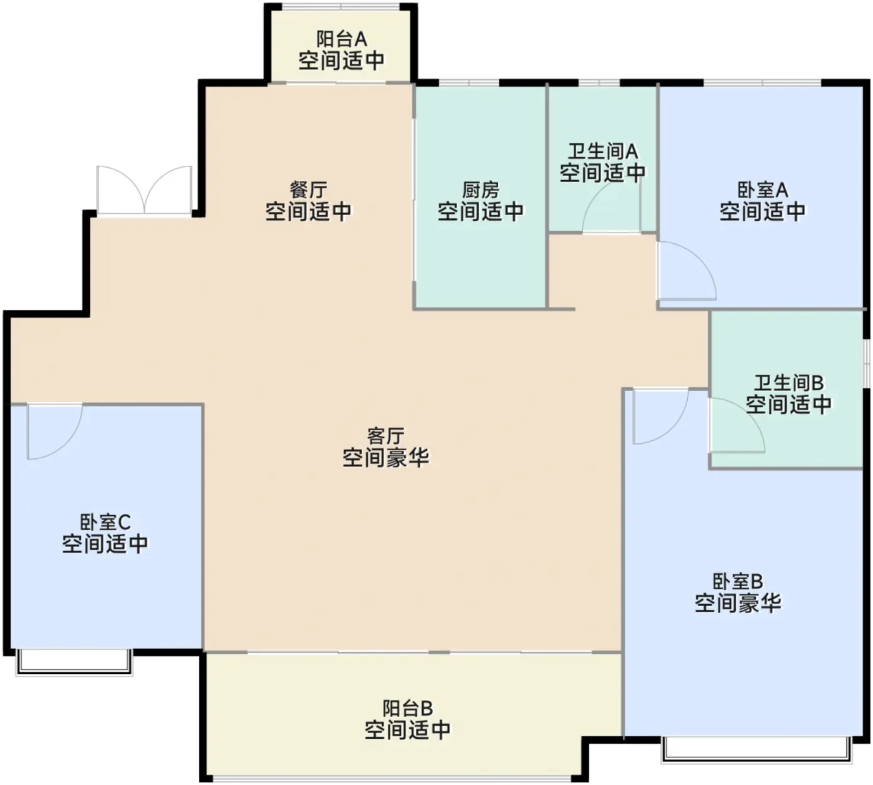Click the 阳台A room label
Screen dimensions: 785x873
coord(341,39)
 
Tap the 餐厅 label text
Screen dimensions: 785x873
coord(308,190)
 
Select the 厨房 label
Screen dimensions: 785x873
coord(480,190)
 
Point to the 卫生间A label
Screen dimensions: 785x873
coord(602,151)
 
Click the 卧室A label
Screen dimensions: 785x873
coord(762,190)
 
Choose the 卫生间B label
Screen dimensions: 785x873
coord(788,382)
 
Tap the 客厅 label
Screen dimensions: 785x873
coord(385,435)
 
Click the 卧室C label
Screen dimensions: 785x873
coord(105,521)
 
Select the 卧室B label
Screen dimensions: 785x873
coord(738,581)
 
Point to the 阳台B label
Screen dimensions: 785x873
coord(407,708)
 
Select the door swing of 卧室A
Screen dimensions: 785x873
coord(686,271)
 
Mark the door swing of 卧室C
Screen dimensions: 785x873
coord(54,431)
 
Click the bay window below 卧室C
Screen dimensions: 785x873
coord(74,662)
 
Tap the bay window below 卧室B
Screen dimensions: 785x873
coord(756,749)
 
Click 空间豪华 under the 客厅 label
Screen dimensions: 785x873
coord(385,458)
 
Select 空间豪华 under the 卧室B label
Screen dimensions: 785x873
coord(738,604)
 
